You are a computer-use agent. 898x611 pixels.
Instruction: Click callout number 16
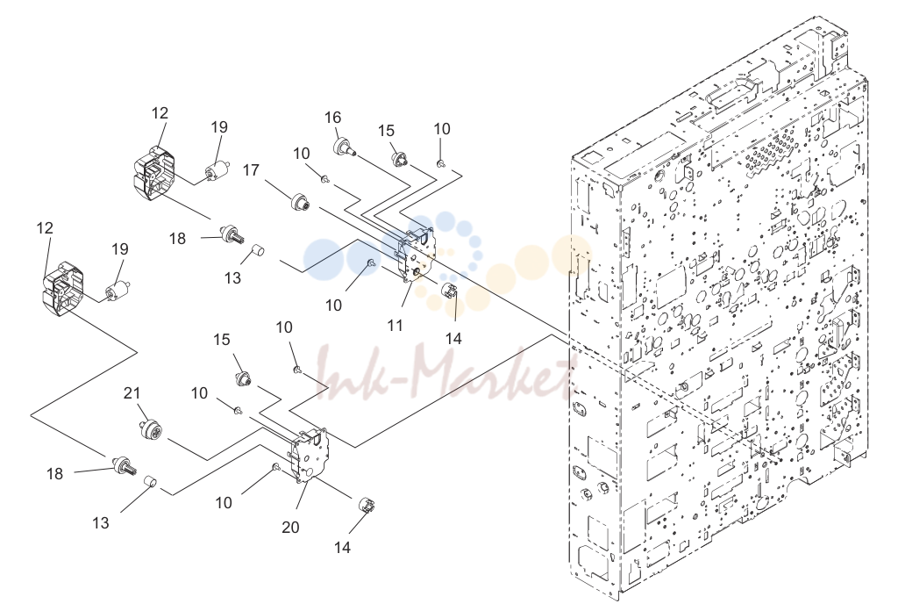332,118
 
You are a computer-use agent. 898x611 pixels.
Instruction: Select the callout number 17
251,170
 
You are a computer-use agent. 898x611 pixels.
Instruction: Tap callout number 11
396,326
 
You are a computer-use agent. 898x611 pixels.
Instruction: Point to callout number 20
290,527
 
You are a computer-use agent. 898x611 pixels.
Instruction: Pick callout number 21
132,393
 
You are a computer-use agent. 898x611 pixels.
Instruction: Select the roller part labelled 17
300,203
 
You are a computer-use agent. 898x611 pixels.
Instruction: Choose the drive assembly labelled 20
310,455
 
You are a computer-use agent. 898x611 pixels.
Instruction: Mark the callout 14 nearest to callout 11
453,339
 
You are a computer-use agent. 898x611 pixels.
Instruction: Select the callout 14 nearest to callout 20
342,548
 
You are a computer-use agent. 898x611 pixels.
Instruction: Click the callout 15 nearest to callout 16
386,131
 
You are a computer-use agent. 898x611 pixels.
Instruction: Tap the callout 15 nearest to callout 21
222,340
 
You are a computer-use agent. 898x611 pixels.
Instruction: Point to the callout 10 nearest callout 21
199,393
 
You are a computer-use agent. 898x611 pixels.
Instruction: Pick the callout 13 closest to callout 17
232,278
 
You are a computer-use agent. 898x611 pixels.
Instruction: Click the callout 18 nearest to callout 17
177,239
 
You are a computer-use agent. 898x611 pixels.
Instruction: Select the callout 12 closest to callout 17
160,113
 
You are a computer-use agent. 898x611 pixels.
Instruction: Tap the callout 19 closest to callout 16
219,126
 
